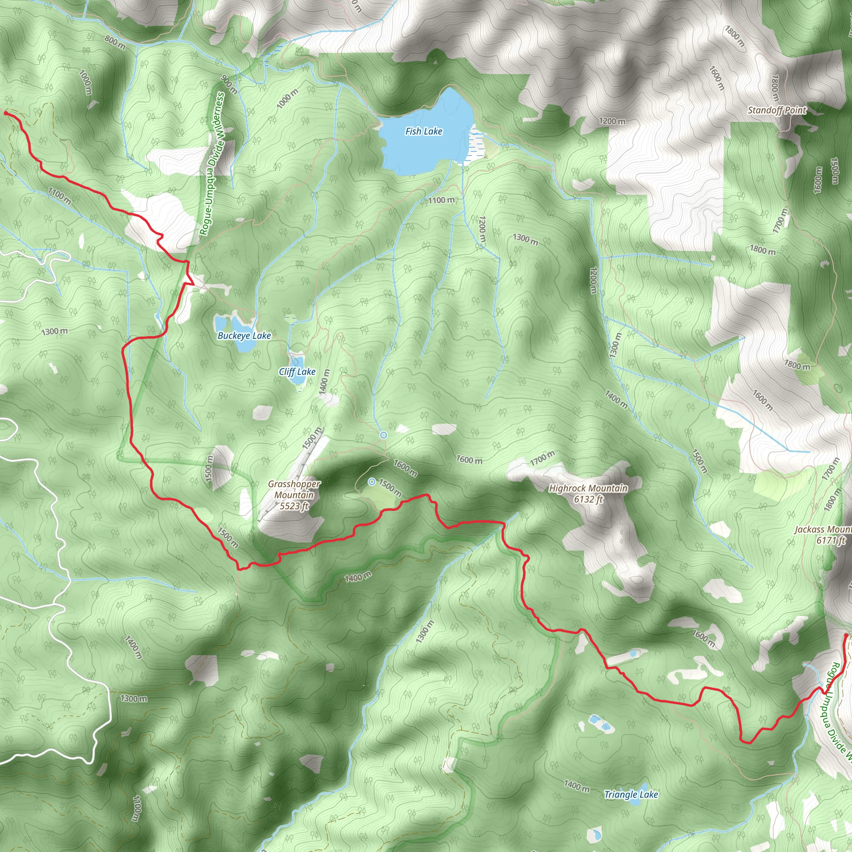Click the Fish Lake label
click(424, 131)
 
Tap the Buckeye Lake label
click(244, 336)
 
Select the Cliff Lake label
click(297, 372)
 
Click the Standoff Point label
click(777, 110)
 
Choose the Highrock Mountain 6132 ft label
click(588, 493)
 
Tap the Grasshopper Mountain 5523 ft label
click(294, 495)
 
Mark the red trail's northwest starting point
click(6, 113)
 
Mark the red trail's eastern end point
click(845, 635)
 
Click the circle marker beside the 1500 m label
click(372, 482)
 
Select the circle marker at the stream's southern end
click(384, 435)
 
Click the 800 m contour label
click(115, 42)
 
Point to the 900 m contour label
click(229, 85)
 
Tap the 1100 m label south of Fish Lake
click(441, 200)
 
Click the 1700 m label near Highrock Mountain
click(542, 458)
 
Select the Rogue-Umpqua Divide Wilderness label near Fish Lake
click(212, 163)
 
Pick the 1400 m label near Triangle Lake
click(576, 772)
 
